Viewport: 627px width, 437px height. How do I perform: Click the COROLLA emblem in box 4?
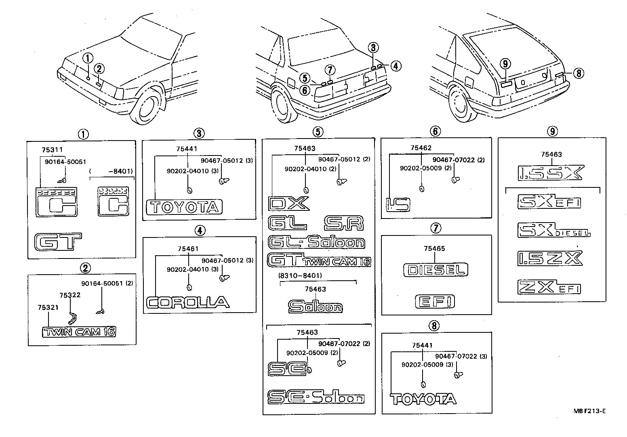tap(188, 302)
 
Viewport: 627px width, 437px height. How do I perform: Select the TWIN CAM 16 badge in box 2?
tap(79, 332)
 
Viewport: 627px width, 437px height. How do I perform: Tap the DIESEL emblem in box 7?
tap(436, 270)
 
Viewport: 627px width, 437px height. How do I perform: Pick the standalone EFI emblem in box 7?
tap(435, 301)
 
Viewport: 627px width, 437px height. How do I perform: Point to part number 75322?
tap(70, 295)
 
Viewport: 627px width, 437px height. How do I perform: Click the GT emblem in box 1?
tap(58, 242)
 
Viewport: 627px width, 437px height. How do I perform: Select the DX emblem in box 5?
tap(288, 204)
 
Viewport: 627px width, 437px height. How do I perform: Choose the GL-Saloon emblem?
tap(316, 242)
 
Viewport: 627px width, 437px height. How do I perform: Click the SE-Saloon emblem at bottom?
tap(316, 397)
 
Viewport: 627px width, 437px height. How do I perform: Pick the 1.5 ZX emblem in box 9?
tap(550, 258)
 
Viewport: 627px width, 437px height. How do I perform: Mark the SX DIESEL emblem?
tap(553, 230)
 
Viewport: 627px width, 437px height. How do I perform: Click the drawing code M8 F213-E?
tap(589, 411)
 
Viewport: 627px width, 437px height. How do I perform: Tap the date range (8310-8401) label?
tap(299, 275)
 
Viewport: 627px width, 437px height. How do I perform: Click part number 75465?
tap(435, 248)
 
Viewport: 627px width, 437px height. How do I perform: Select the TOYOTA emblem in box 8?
tap(423, 399)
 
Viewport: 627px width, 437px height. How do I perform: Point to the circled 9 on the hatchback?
tap(505, 63)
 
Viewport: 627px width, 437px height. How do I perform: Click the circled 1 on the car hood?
tap(88, 58)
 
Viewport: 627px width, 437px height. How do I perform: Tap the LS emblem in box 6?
tap(398, 204)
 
